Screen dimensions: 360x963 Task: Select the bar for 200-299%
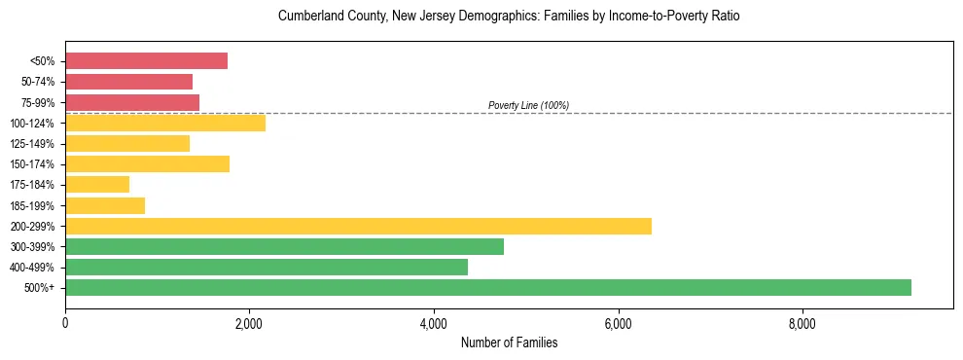(x=358, y=226)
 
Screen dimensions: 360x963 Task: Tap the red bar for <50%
(x=146, y=61)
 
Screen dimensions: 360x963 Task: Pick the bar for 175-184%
(x=97, y=184)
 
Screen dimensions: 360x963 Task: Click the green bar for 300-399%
(x=284, y=246)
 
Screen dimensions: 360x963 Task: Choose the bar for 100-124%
(x=165, y=123)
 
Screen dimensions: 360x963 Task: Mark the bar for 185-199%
(x=105, y=205)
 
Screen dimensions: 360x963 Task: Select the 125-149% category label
(x=33, y=144)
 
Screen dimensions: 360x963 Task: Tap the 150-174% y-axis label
(x=33, y=164)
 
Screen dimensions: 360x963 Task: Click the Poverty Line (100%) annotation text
(x=528, y=105)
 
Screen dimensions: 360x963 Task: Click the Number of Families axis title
(x=509, y=342)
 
